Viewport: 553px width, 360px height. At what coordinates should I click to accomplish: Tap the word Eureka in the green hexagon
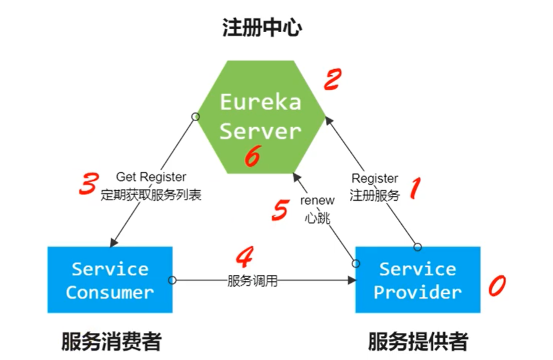click(x=260, y=102)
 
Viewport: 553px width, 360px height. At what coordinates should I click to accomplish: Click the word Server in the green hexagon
click(x=260, y=131)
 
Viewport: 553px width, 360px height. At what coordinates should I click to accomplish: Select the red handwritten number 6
click(x=252, y=157)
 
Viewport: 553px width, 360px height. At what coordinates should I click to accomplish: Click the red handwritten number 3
click(x=89, y=183)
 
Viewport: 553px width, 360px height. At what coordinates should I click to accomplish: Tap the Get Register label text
click(x=151, y=178)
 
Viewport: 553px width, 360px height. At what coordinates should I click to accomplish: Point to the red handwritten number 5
click(x=280, y=211)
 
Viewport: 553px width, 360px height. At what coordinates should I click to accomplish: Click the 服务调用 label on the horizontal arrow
click(x=252, y=281)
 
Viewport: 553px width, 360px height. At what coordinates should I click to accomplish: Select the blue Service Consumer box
click(x=110, y=280)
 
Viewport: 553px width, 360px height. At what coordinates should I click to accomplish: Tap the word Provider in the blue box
click(x=418, y=292)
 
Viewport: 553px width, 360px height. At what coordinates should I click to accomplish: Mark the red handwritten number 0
click(x=497, y=285)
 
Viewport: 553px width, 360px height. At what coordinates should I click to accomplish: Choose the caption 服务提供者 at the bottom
click(x=418, y=341)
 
